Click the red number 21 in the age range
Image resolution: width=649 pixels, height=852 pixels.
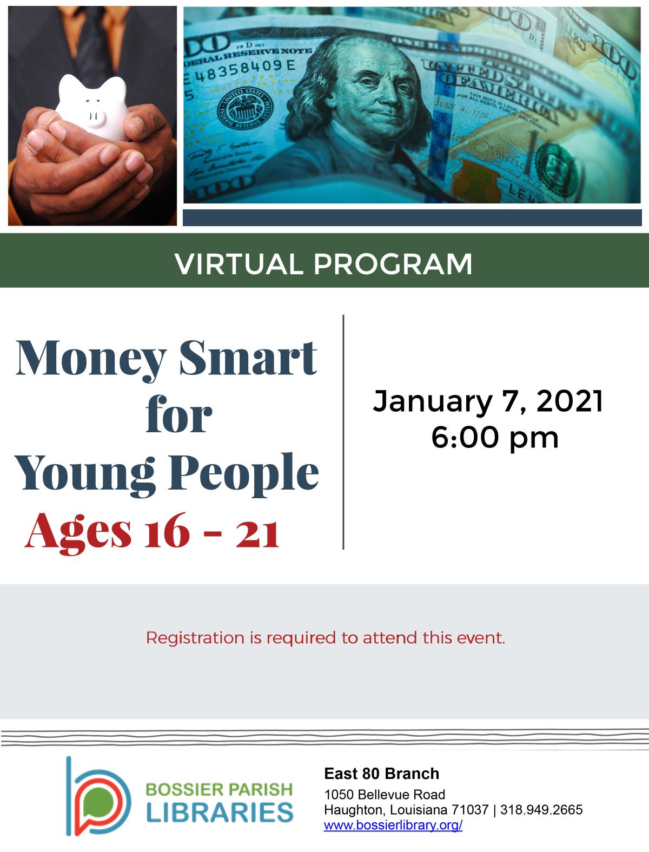[x=257, y=532]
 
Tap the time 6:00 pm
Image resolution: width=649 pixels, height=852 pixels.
[x=494, y=437]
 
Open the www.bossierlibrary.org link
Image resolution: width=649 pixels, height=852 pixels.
[x=393, y=825]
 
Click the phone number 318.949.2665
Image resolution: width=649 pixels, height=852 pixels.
[x=541, y=810]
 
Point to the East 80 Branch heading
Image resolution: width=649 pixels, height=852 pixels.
[x=381, y=774]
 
